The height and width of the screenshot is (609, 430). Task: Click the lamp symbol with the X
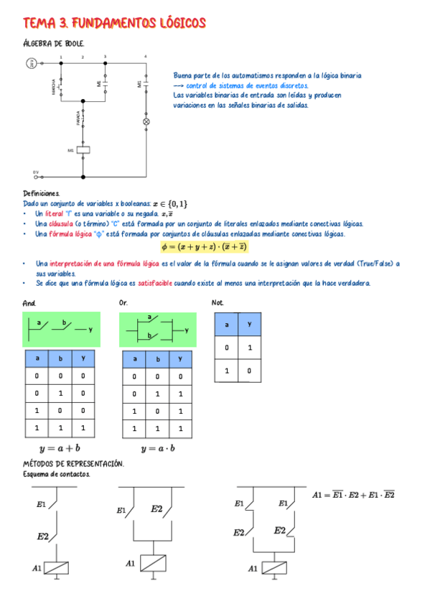147,122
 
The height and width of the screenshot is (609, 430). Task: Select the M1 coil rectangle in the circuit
83,150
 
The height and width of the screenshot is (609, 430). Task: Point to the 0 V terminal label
35,172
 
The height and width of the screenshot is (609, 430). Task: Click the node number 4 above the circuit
146,56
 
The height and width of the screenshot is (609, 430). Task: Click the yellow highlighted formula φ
205,246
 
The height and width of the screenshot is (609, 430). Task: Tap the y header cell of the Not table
248,325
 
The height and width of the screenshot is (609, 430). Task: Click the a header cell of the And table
36,358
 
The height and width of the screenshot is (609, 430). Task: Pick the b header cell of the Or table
156,358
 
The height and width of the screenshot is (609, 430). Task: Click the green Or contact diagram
158,329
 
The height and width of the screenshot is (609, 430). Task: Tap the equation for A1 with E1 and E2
353,495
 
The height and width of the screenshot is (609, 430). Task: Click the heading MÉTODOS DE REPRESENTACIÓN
73,464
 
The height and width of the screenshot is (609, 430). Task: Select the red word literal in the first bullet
54,213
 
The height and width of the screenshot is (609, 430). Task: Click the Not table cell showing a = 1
227,371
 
